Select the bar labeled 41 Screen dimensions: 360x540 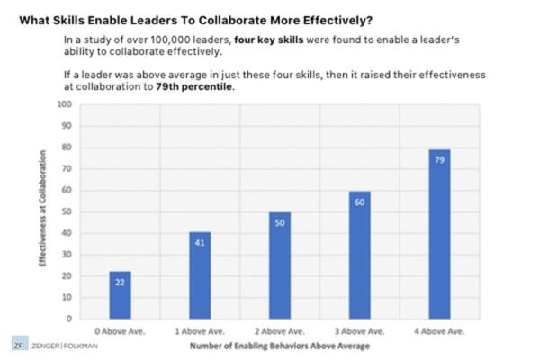point(201,274)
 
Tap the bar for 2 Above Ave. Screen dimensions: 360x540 point(280,265)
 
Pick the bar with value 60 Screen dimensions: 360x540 point(359,254)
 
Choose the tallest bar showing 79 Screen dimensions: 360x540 point(439,234)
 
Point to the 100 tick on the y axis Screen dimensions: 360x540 point(64,103)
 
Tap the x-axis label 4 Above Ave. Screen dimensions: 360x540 point(439,331)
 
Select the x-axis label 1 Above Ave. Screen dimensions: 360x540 point(201,331)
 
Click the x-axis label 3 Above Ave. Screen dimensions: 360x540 point(359,331)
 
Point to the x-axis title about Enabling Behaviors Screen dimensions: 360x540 point(281,344)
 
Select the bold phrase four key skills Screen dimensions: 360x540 point(264,41)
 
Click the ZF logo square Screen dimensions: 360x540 point(18,344)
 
